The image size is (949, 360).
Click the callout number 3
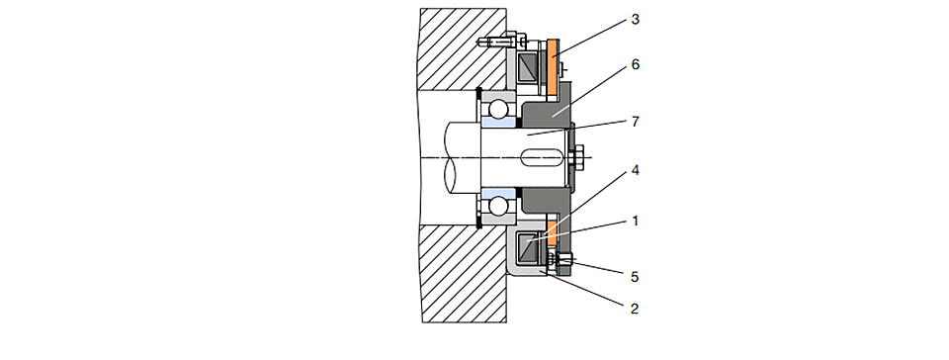[635, 20]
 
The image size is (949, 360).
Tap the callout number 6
[635, 64]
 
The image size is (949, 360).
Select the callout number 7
[635, 122]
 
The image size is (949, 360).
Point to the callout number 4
[635, 170]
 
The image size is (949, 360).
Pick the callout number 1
[635, 222]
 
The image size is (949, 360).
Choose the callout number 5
[635, 277]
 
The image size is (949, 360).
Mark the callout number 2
[635, 310]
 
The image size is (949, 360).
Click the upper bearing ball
[500, 110]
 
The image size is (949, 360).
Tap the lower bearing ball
[500, 206]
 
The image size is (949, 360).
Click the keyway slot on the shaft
[541, 158]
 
